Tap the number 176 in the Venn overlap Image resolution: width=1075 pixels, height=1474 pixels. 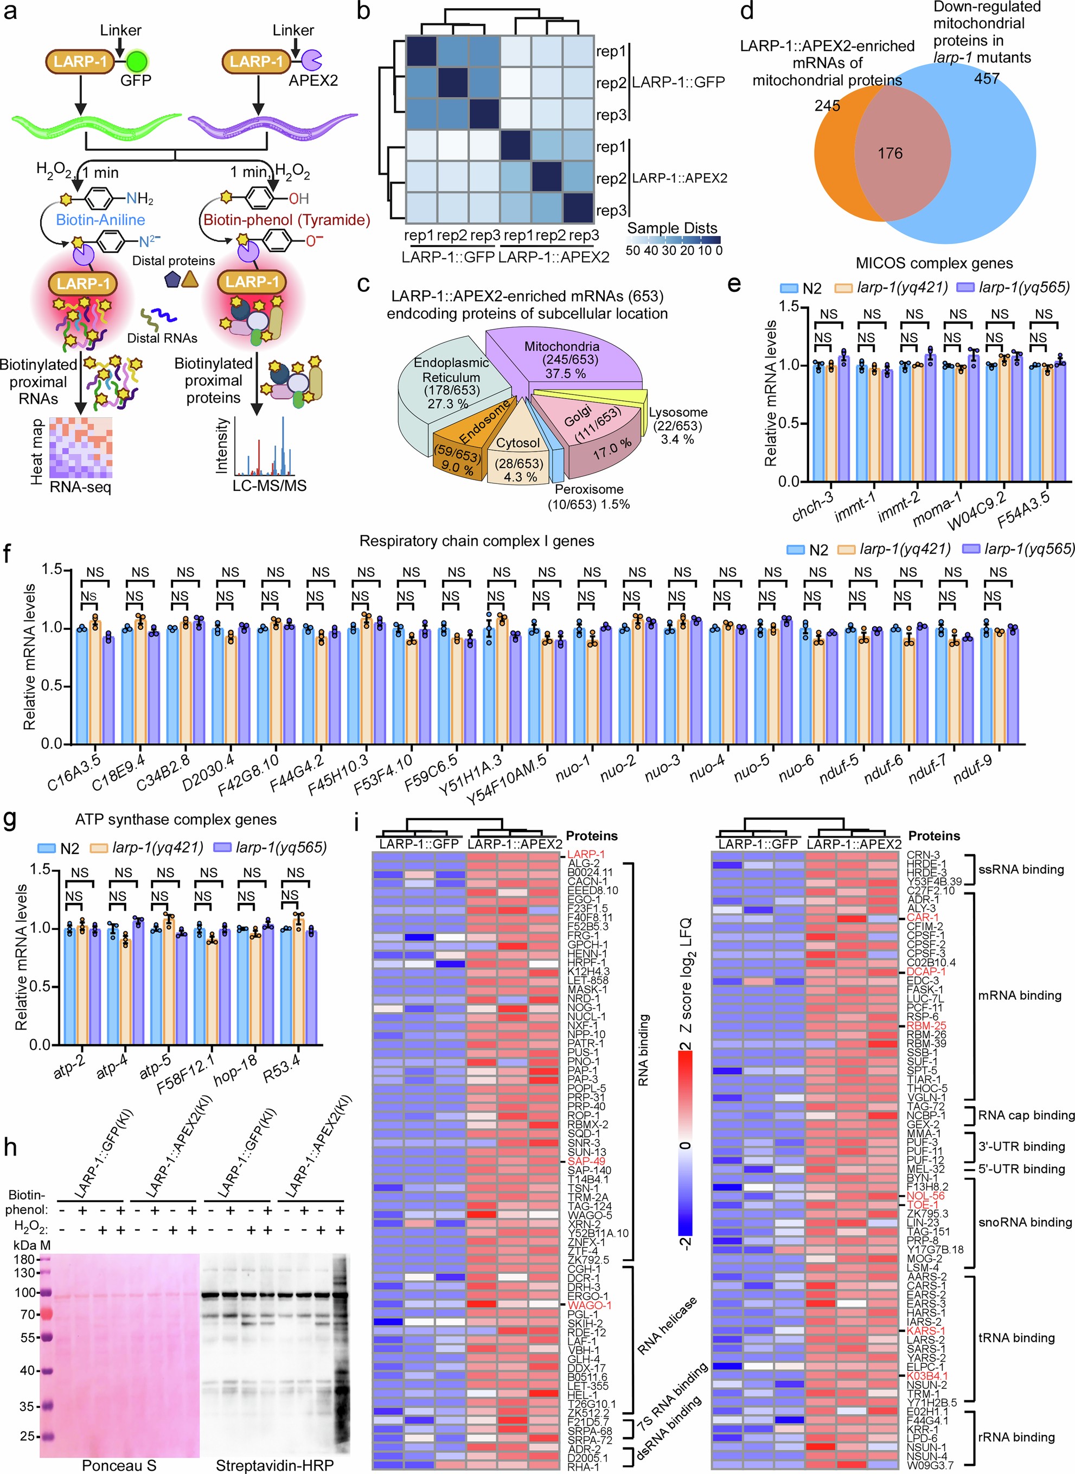[x=890, y=153]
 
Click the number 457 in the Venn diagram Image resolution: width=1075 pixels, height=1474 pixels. [x=986, y=79]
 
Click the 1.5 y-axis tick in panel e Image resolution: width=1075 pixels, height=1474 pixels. [x=789, y=307]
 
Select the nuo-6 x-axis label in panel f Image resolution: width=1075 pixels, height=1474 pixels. [x=797, y=770]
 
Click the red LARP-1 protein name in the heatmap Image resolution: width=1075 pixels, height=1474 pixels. [x=586, y=854]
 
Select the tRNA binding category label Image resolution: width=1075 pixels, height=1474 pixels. [x=1016, y=1337]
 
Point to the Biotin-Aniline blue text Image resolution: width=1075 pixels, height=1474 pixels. [x=100, y=219]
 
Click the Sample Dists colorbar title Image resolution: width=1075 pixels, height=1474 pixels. [x=671, y=228]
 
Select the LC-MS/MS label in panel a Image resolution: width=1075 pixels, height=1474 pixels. [x=270, y=486]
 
